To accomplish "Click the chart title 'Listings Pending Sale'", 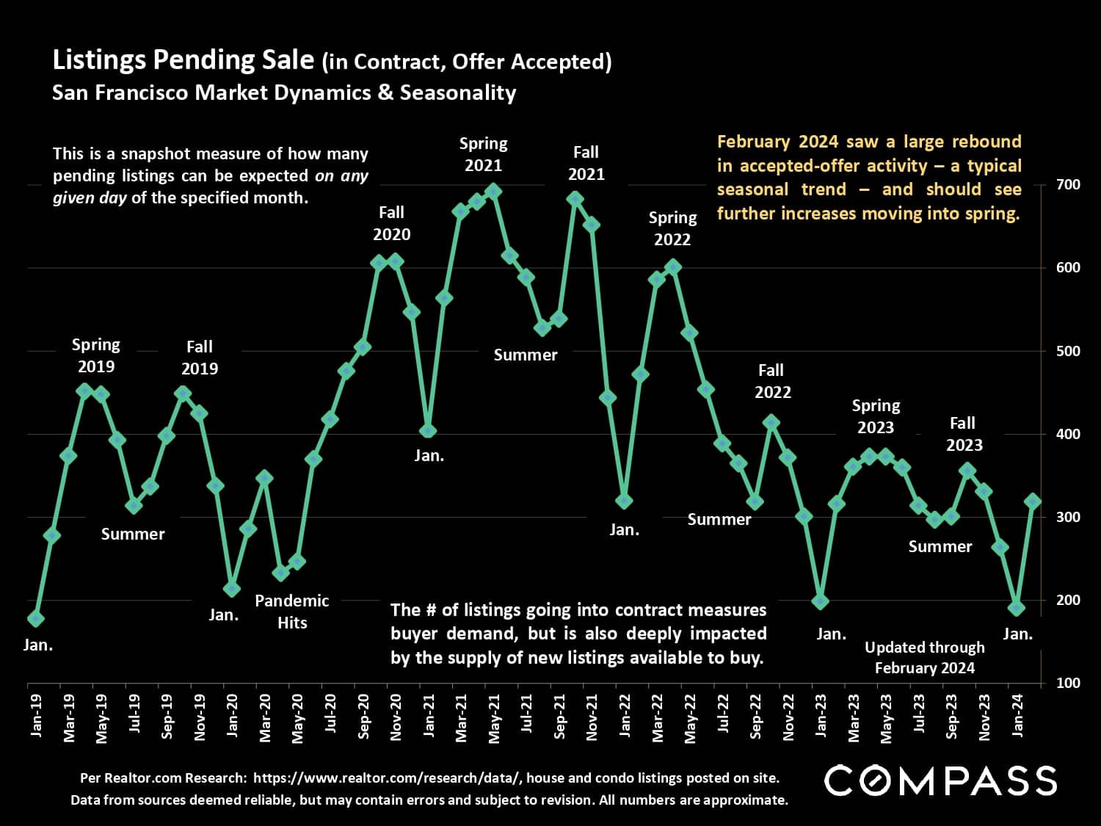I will click(x=183, y=60).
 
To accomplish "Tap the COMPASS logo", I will click(x=941, y=780).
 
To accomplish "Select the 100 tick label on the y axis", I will click(x=1069, y=683).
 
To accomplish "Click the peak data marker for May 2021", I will click(x=494, y=192).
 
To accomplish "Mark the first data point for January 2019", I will click(x=36, y=619).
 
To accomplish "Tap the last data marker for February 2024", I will click(x=1033, y=501).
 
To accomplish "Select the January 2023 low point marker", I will click(x=821, y=601).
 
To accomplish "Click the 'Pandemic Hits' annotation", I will click(x=292, y=612).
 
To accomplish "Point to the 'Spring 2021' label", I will click(x=483, y=154).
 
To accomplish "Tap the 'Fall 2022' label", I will click(x=771, y=381).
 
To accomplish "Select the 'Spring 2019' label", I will click(x=96, y=355).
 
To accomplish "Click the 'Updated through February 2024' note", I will click(x=924, y=657).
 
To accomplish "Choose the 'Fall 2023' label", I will click(x=963, y=434).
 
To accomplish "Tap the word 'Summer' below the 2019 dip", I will click(x=133, y=534).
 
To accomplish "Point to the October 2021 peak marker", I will click(x=575, y=198).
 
